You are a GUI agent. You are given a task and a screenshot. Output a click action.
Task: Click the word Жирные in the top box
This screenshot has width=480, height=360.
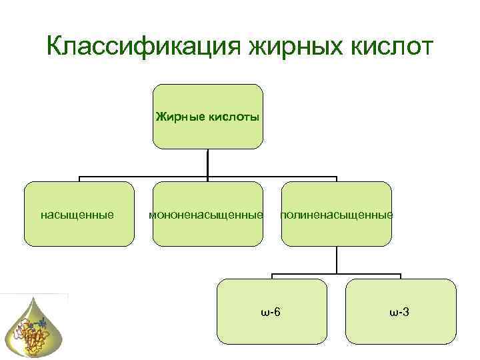tap(177, 117)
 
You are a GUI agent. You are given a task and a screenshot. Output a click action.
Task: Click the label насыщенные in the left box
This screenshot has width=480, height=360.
tap(77, 215)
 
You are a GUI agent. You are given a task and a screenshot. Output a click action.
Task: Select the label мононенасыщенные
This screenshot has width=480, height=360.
tap(206, 215)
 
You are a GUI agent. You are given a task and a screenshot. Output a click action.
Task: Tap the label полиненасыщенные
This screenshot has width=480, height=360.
tap(337, 215)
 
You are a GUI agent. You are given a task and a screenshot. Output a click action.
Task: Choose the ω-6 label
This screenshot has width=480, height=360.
tap(270, 311)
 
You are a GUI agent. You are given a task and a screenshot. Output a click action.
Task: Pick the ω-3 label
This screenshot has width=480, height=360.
tap(400, 311)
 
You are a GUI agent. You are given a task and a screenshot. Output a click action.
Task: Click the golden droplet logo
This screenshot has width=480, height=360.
tap(35, 327)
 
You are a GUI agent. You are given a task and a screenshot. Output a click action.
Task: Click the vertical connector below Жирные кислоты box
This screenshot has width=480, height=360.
tap(208, 163)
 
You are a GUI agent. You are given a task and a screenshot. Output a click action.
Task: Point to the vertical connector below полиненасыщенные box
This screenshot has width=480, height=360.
tap(337, 260)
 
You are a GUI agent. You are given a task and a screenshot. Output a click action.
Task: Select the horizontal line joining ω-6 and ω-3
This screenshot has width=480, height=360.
tap(337, 274)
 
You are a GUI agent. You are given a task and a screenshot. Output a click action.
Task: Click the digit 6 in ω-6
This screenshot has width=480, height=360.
tap(277, 311)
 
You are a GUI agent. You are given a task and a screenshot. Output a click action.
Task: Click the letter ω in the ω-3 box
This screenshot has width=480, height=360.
tap(394, 312)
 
